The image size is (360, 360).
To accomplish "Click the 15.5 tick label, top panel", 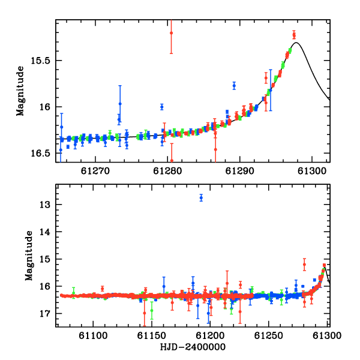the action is click(x=40, y=61).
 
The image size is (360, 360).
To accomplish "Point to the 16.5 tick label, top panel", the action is click(x=40, y=153).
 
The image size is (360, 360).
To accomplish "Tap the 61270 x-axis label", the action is click(x=95, y=171).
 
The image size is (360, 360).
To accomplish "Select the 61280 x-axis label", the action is click(x=167, y=171).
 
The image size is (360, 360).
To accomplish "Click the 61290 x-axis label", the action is click(x=239, y=171).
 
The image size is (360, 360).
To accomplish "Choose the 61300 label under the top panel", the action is click(x=312, y=171).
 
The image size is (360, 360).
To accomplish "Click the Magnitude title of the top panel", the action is click(x=20, y=91).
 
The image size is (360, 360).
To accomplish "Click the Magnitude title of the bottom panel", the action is click(x=29, y=256).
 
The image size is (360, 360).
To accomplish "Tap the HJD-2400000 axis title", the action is click(x=193, y=347).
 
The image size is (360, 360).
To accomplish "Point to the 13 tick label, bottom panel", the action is click(x=45, y=205).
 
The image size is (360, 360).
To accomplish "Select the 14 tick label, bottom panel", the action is click(x=45, y=232).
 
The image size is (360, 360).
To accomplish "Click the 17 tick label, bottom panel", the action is click(x=45, y=313).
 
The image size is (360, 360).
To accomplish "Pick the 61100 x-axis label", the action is click(x=93, y=335).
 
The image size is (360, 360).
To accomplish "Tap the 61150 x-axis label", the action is click(x=152, y=335).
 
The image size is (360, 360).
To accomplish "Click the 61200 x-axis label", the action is click(x=210, y=335).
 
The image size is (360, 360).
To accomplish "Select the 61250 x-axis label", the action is click(x=268, y=335).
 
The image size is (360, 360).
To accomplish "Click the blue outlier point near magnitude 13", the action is click(x=201, y=197).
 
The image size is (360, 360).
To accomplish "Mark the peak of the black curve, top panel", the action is click(x=296, y=43).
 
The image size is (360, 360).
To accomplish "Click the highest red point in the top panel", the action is click(x=171, y=33).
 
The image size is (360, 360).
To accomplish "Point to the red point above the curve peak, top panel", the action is click(x=294, y=35).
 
